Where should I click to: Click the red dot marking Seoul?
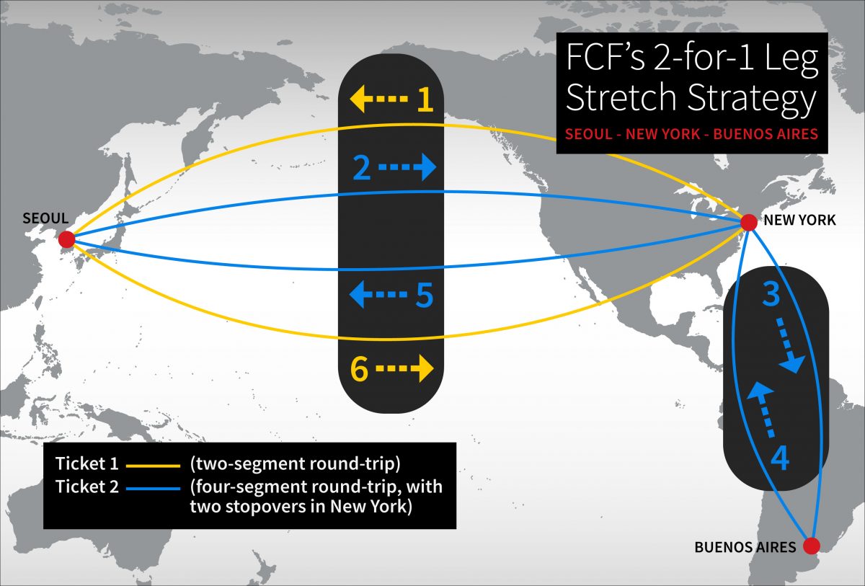66,239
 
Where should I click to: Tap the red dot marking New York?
748,223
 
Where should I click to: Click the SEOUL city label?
45,218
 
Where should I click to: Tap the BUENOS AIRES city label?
745,547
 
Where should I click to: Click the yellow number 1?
425,100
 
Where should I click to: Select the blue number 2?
363,168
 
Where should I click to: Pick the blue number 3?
771,295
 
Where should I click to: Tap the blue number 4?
781,458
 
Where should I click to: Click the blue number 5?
424,295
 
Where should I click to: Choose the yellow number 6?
360,369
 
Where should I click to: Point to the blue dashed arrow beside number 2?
408,168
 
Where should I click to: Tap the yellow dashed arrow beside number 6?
405,369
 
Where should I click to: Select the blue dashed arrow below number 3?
789,349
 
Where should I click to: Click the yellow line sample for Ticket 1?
153,466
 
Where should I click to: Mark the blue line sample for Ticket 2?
153,488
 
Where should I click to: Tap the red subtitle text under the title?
691,134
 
